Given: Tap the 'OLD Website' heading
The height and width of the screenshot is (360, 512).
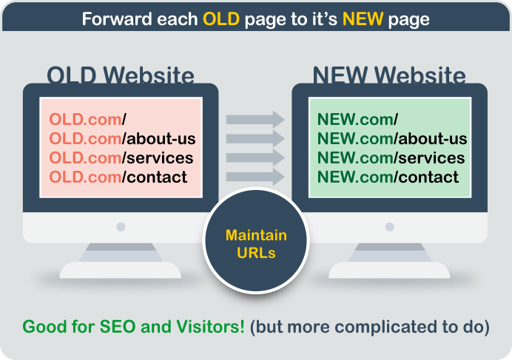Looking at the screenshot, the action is click(121, 75).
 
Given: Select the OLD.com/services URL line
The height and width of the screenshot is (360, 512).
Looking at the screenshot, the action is click(121, 157).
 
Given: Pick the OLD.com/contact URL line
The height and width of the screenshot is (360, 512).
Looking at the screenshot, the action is click(118, 177).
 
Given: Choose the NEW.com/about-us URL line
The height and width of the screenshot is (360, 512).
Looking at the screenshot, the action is click(392, 138).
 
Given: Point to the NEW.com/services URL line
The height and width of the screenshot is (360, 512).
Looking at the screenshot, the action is click(391, 157).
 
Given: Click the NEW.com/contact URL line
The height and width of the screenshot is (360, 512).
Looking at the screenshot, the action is click(388, 177).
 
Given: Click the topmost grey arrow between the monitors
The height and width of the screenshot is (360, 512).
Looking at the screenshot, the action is click(255, 119).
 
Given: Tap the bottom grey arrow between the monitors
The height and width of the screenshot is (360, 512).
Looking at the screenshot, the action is click(255, 177).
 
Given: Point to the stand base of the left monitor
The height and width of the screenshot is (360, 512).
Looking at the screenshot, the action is click(121, 270).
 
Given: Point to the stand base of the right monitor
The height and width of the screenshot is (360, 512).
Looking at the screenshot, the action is click(391, 270).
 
